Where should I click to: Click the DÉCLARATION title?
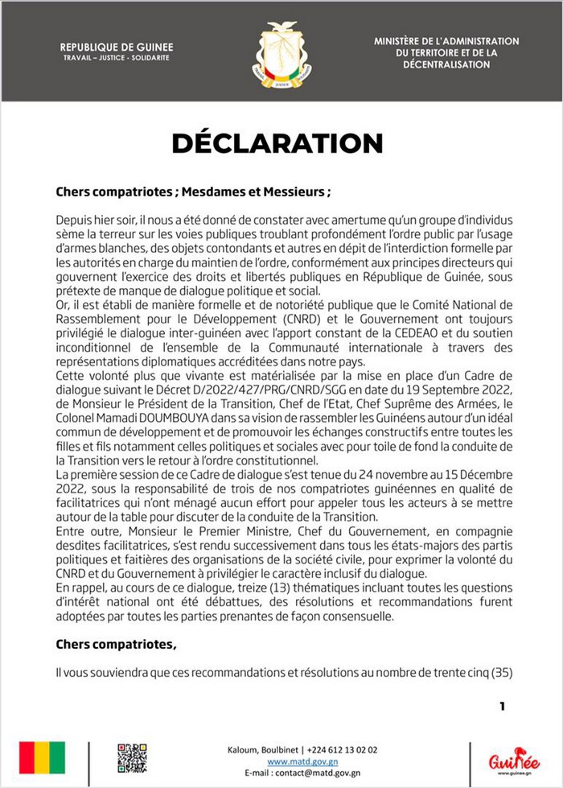coord(277,142)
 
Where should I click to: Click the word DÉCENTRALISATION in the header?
coord(446,63)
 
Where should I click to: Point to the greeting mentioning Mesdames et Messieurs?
coord(193,193)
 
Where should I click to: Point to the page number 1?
coord(503,707)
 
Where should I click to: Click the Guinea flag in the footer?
coord(41,757)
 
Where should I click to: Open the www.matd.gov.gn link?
coord(302,761)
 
